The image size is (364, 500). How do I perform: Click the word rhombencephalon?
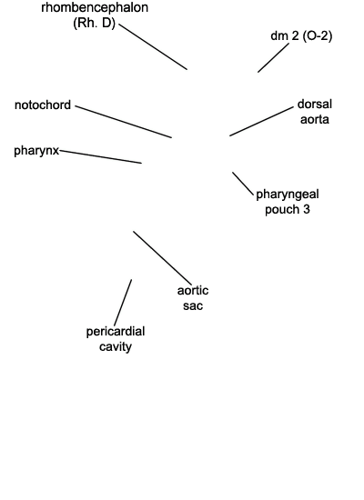pos(95,7)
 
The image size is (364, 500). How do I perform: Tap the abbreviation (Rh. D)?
pos(95,23)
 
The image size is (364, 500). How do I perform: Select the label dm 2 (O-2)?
pos(301,35)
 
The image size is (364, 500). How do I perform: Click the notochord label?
pos(43,105)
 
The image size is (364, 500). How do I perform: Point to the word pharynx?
pos(36,151)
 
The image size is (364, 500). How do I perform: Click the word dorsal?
pos(315,104)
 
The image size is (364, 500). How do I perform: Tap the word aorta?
pos(315,119)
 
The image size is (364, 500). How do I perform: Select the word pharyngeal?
pos(288,195)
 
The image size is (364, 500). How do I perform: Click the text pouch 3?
pos(288,209)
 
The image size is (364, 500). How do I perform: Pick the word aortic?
pos(193,291)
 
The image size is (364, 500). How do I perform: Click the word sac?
pos(193,305)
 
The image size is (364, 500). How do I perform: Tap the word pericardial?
pos(116,332)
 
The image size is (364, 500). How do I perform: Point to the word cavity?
pos(116,346)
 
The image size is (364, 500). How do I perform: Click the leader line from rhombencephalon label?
pos(153,46)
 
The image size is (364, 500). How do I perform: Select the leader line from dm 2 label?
pos(273,57)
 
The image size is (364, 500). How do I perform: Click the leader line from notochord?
pos(124,122)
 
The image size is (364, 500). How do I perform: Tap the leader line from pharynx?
pos(101,157)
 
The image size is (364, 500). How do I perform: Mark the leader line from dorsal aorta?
pos(261,122)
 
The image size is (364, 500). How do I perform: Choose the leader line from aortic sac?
pos(163,258)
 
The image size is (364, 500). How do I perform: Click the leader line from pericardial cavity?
pos(123,303)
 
